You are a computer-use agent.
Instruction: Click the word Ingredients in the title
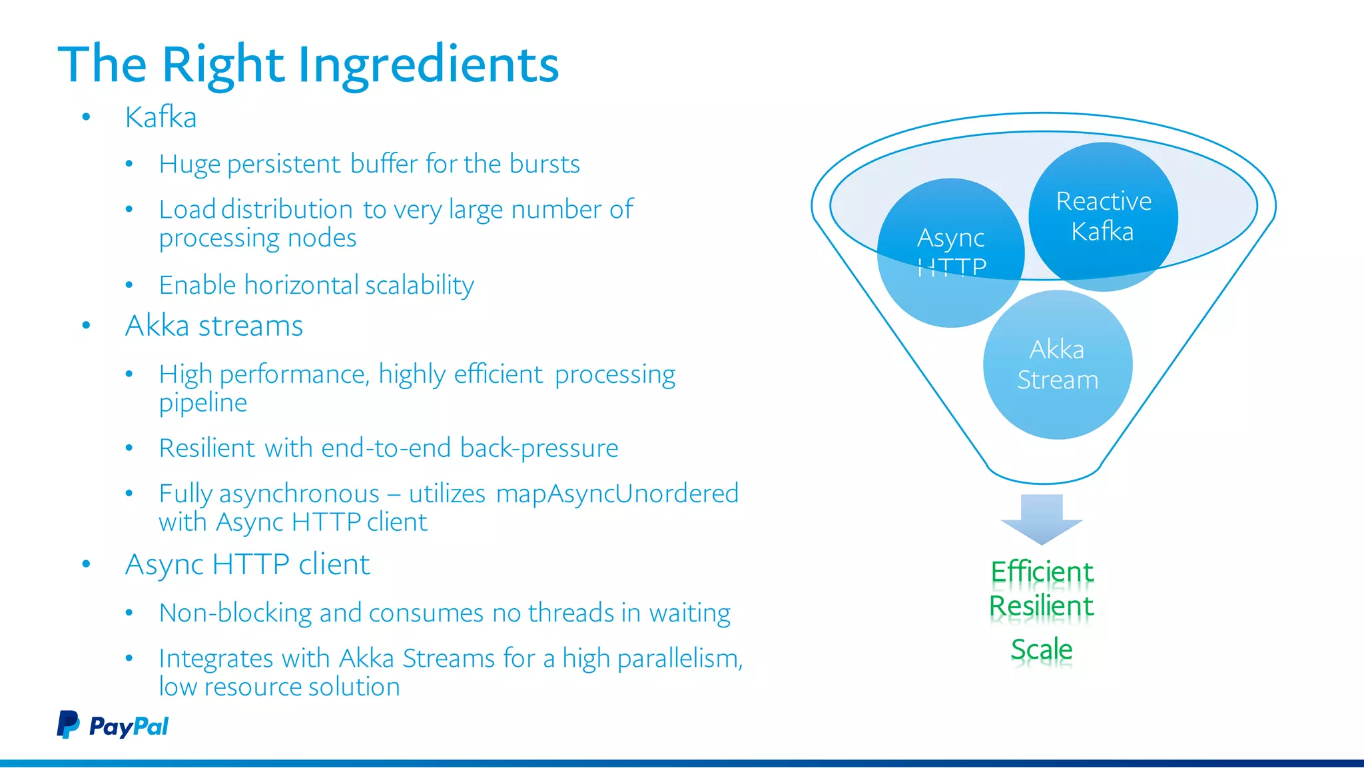(428, 65)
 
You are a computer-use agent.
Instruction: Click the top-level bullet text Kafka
(161, 117)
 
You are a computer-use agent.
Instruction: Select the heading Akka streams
(214, 326)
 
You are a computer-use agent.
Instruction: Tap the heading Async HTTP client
(247, 564)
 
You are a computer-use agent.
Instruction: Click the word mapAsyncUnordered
(617, 494)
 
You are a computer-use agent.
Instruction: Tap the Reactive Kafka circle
(1103, 216)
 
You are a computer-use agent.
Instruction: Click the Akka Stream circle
(1057, 364)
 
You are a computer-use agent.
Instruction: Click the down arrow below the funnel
(1042, 519)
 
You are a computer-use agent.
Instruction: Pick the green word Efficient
(1042, 572)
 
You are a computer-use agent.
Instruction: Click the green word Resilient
(1042, 606)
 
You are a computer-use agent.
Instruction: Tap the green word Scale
(1042, 649)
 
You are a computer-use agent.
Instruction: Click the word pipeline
(202, 402)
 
